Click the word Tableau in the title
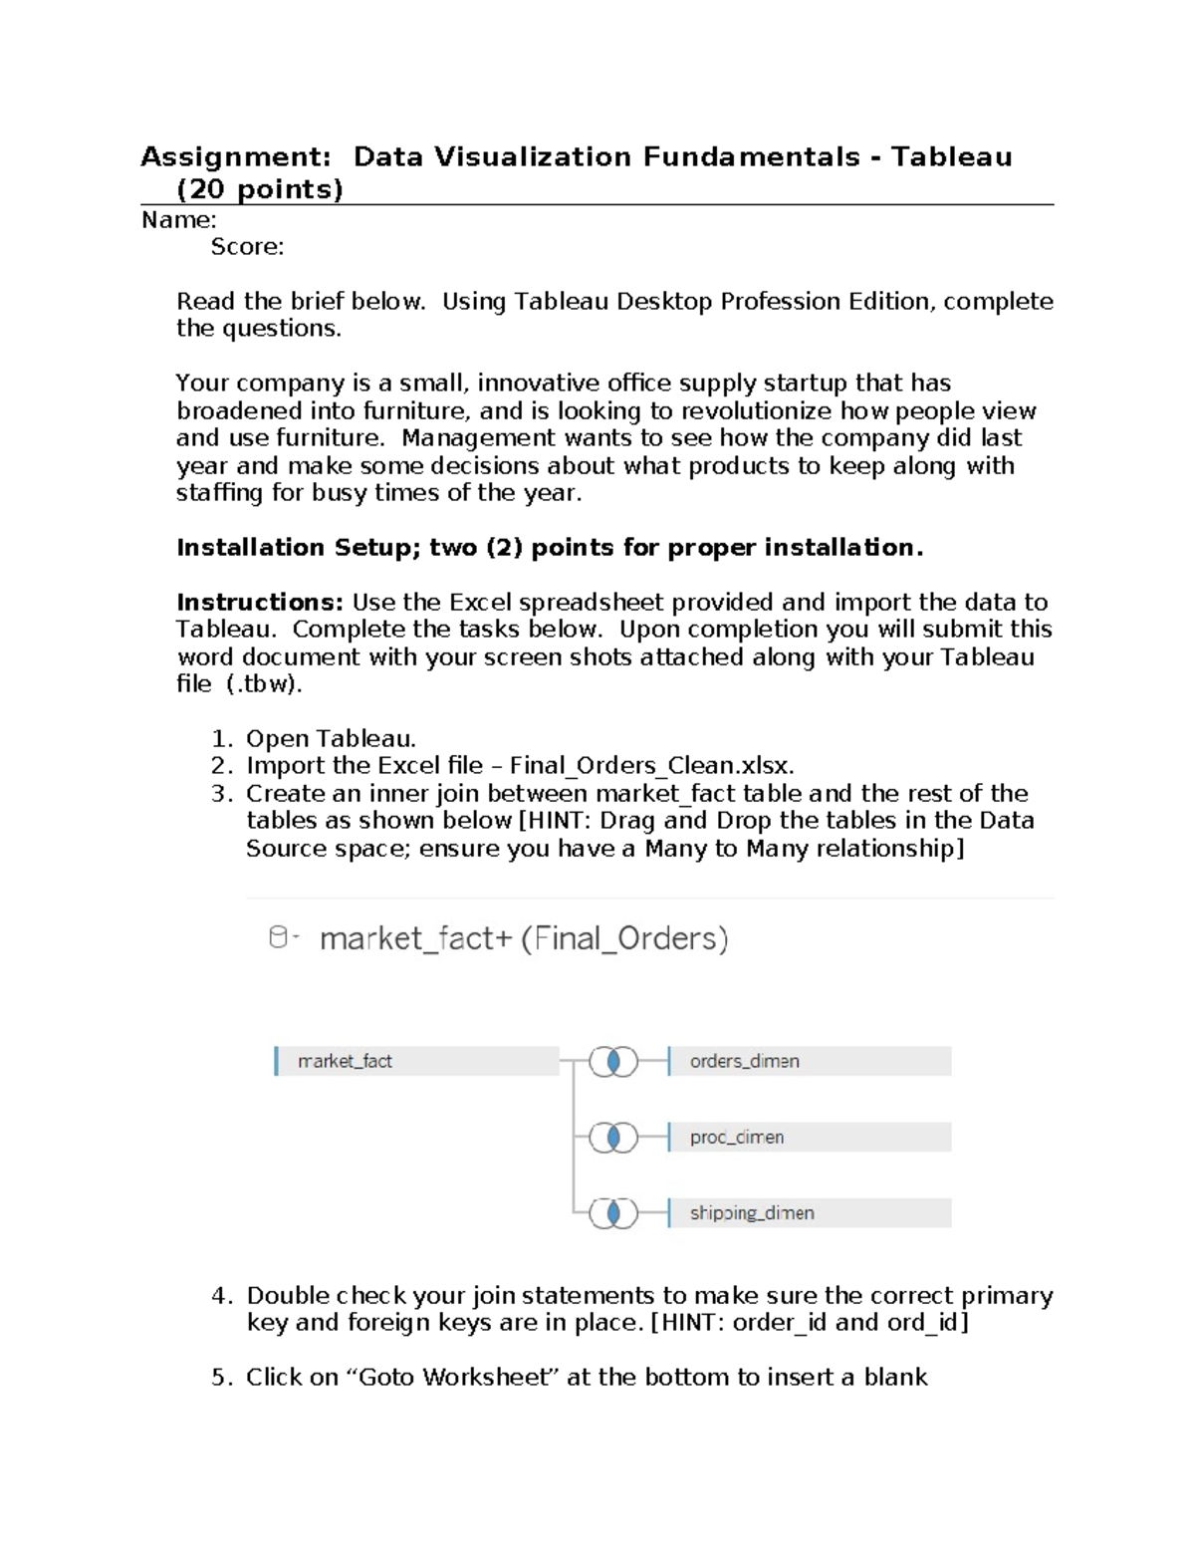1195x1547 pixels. coord(951,157)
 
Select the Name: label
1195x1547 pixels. coord(179,220)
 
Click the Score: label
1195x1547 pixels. coord(247,247)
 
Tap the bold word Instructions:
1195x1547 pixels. coord(260,603)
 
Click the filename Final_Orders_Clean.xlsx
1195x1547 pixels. coord(651,766)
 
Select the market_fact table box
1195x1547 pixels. coord(416,1061)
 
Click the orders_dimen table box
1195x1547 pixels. coord(809,1061)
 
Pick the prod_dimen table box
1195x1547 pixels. coord(809,1137)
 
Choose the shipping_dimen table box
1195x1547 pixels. coord(809,1212)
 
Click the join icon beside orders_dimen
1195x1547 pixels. coord(613,1062)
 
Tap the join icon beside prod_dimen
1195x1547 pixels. coord(613,1137)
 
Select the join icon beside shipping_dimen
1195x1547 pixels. coord(613,1212)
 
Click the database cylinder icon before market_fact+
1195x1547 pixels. coord(280,937)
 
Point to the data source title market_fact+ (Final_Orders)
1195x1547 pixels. coord(524,938)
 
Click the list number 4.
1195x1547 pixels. coord(221,1296)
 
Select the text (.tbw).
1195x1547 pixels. coord(264,684)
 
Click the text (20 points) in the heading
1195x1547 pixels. coord(259,189)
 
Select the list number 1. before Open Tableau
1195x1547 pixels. coord(221,739)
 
